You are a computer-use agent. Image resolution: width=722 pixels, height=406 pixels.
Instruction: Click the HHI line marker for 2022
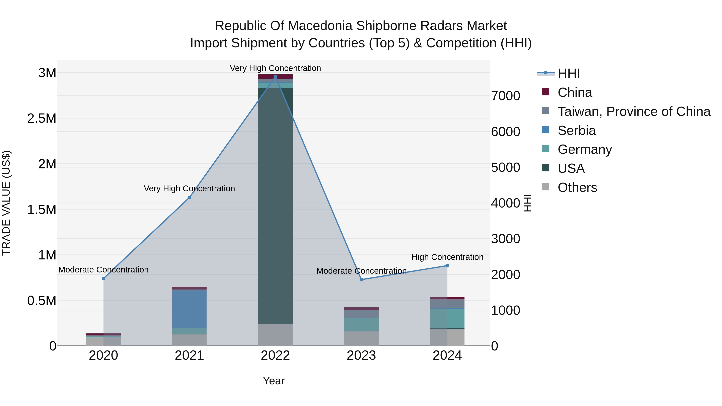pyautogui.click(x=275, y=77)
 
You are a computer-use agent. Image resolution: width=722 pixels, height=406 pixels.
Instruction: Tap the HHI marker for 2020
pyautogui.click(x=103, y=278)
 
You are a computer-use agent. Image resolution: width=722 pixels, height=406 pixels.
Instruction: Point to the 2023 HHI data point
pyautogui.click(x=361, y=280)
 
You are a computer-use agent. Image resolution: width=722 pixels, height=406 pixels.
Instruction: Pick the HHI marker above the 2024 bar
pyautogui.click(x=447, y=266)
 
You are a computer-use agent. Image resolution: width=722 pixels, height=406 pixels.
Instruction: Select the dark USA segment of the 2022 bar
pyautogui.click(x=275, y=206)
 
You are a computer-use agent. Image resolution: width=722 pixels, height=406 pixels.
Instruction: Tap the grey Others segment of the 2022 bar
pyautogui.click(x=275, y=335)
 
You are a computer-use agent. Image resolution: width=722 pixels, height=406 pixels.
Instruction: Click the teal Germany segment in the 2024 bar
pyautogui.click(x=447, y=319)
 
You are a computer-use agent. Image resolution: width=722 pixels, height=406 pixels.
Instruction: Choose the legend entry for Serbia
pyautogui.click(x=577, y=131)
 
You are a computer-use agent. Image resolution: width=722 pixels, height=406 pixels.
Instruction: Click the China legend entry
pyautogui.click(x=575, y=92)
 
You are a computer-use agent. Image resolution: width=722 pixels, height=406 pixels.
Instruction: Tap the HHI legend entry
pyautogui.click(x=568, y=73)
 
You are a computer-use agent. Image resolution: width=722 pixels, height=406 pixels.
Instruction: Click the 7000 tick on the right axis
pyautogui.click(x=506, y=96)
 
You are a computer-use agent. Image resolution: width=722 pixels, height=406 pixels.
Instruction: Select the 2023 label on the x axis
pyautogui.click(x=361, y=355)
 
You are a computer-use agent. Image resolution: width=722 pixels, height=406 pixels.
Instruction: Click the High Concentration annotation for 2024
pyautogui.click(x=447, y=257)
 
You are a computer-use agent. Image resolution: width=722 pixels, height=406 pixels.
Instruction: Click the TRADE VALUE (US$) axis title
pyautogui.click(x=6, y=203)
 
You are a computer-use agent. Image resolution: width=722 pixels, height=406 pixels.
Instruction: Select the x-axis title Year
pyautogui.click(x=274, y=381)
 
